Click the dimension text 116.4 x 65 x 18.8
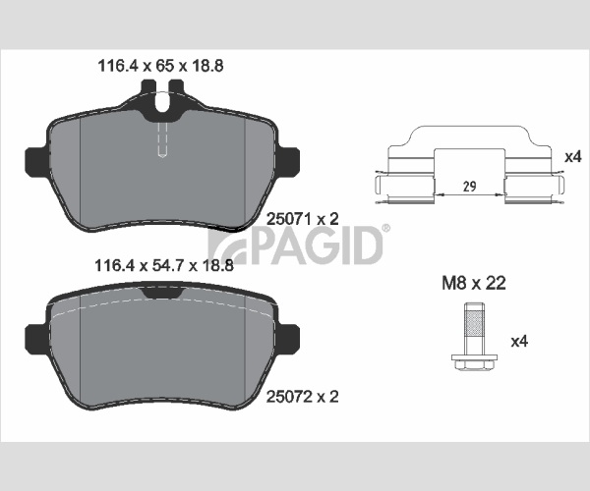[x=160, y=66]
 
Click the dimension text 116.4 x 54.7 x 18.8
[x=164, y=265]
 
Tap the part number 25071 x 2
[x=303, y=219]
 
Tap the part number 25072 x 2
[x=303, y=397]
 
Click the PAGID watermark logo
[x=296, y=245]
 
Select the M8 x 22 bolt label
[x=474, y=283]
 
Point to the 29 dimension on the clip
[x=470, y=186]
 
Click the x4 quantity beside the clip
[x=573, y=157]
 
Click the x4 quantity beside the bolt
[x=519, y=341]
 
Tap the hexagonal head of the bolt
[x=474, y=363]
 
